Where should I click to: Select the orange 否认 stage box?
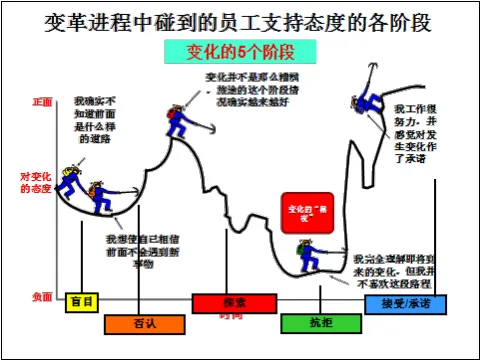(144, 323)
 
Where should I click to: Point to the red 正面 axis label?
(41, 102)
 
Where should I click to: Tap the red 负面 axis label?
(41, 297)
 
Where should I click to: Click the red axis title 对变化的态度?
(39, 181)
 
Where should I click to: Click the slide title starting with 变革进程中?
(240, 21)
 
